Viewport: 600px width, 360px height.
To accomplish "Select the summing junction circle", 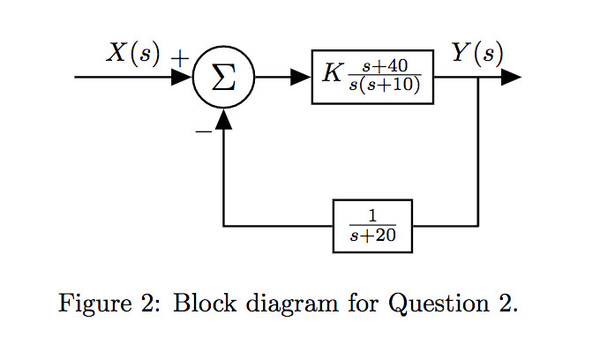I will click(224, 78).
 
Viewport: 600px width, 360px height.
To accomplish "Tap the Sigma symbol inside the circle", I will click(224, 78).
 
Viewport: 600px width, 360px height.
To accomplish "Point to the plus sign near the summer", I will click(180, 58).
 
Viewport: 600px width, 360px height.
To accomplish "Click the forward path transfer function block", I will click(372, 78).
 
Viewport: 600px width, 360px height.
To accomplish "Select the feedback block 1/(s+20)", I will click(372, 227).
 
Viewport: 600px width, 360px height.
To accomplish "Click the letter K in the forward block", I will click(331, 73).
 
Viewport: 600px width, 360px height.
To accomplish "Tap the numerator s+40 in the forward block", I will click(384, 67).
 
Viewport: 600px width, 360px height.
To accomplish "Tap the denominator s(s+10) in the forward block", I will click(384, 86).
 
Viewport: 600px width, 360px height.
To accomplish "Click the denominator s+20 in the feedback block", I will click(372, 236).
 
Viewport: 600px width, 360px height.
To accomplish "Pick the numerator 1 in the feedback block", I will click(372, 216).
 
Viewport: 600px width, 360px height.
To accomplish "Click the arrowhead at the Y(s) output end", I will click(511, 78).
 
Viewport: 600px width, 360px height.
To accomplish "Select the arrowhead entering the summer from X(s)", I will click(182, 78).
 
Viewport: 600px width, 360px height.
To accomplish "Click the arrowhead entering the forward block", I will click(302, 78).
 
